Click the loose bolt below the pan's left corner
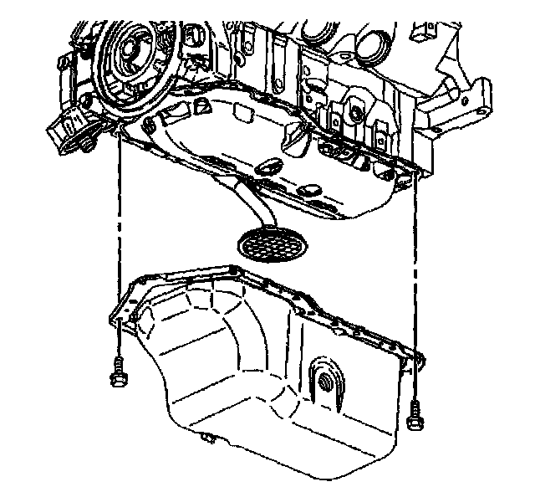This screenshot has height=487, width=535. (x=117, y=372)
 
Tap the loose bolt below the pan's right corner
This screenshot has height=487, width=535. (x=415, y=416)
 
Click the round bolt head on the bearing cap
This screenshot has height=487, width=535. (x=358, y=113)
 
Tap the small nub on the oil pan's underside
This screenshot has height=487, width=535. (x=206, y=437)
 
